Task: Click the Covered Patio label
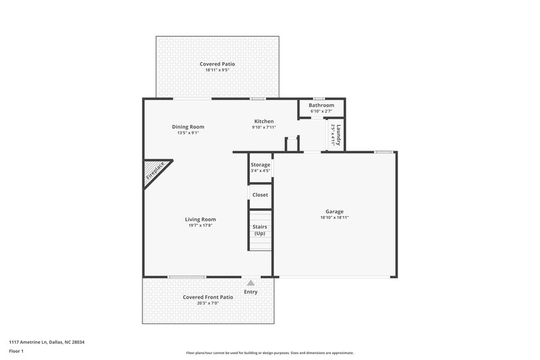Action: (x=217, y=64)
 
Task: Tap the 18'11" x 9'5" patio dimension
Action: (x=217, y=70)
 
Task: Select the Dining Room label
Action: (x=188, y=126)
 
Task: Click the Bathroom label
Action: (x=321, y=105)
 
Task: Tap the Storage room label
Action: (x=261, y=165)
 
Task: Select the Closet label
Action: (x=260, y=195)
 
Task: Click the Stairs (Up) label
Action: (x=260, y=230)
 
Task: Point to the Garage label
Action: (x=335, y=211)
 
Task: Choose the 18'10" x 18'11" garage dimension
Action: (x=335, y=217)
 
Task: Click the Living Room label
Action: (x=200, y=219)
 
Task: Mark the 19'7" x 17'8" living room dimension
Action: (x=200, y=225)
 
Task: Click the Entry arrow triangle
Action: (x=251, y=283)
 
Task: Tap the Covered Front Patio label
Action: (x=208, y=297)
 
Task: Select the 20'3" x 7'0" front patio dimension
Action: (x=208, y=303)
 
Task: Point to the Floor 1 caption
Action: (x=17, y=352)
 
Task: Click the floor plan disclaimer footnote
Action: (x=269, y=353)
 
